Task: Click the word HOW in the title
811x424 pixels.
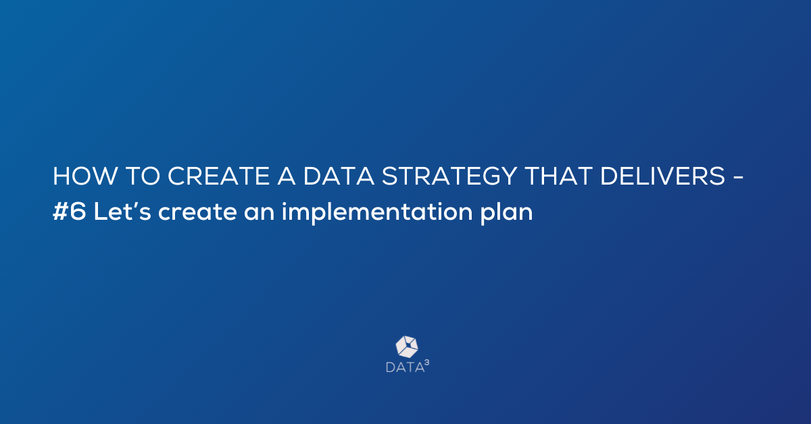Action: coord(85,176)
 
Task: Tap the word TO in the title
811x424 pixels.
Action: coord(143,176)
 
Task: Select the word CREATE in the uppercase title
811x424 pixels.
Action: coord(218,176)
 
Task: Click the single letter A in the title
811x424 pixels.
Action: coord(287,176)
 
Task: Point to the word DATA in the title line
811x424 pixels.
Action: coord(339,176)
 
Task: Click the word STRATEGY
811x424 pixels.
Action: coord(449,176)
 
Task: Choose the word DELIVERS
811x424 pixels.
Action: coord(663,176)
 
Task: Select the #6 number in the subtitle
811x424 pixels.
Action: coord(70,212)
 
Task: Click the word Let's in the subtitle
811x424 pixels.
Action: coord(122,212)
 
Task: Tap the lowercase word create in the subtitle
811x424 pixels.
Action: coord(197,212)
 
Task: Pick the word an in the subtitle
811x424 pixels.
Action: coord(260,214)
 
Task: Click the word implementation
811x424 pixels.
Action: coord(377,213)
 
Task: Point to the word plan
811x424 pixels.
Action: coord(507,214)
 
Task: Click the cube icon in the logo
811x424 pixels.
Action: coord(407,347)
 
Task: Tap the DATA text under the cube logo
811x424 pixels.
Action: coord(405,367)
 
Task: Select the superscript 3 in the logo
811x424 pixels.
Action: coord(427,362)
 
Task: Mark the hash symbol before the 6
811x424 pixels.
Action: coord(60,212)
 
